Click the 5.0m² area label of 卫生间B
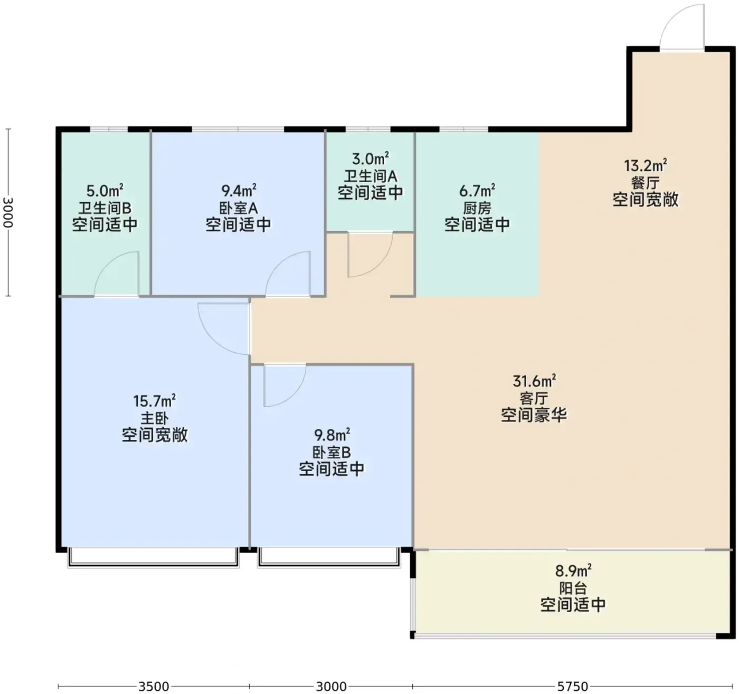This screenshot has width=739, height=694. click(x=105, y=191)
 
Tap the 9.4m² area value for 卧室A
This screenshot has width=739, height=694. click(x=239, y=191)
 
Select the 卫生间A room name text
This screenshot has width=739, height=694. click(x=370, y=176)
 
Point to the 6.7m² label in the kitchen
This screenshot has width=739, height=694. click(x=477, y=191)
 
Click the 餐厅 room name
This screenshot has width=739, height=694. click(x=645, y=183)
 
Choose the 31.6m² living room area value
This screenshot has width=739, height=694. click(x=534, y=381)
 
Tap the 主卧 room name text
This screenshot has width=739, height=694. click(x=155, y=418)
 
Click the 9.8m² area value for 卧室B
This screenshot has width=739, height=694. click(x=332, y=435)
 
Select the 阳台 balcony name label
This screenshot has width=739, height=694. click(x=573, y=588)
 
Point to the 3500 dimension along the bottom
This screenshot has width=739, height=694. click(x=154, y=686)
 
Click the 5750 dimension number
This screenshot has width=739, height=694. click(x=573, y=686)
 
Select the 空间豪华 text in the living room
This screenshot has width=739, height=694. click(x=534, y=415)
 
